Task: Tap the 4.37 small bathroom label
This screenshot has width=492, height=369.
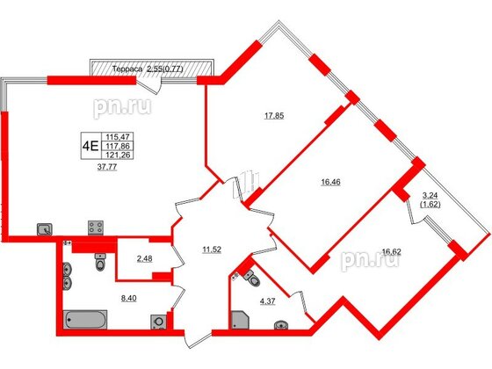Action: coord(264,305)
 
